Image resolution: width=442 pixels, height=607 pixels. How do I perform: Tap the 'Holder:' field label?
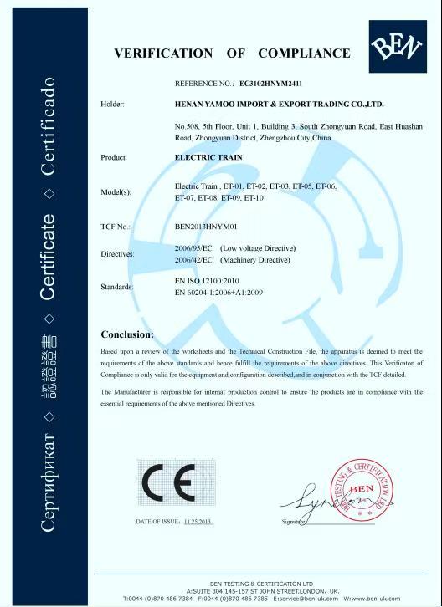click(x=112, y=105)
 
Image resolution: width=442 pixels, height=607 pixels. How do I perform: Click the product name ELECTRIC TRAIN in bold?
click(x=203, y=156)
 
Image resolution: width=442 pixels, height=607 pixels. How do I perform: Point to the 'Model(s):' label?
click(x=116, y=192)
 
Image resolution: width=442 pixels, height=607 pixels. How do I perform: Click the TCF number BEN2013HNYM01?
click(x=206, y=227)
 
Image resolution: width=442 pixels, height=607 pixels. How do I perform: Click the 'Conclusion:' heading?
click(x=126, y=334)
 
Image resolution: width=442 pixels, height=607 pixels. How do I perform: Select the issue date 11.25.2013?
click(x=199, y=522)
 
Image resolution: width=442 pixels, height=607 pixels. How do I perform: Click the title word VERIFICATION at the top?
click(x=163, y=54)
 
